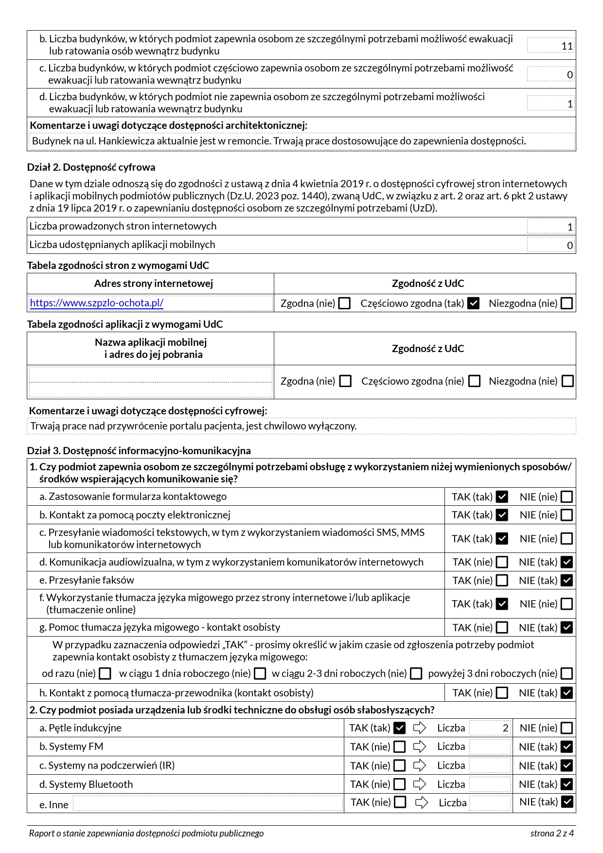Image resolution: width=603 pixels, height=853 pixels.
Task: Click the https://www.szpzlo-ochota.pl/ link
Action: point(97,303)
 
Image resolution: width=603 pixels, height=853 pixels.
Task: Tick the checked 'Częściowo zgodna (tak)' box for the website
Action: point(473,303)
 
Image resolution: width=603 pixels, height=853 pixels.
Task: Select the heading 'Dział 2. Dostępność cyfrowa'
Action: point(91,167)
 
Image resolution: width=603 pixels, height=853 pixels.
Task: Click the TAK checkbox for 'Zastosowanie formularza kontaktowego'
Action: point(502,497)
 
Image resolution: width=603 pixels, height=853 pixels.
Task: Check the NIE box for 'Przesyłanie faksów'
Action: point(567,581)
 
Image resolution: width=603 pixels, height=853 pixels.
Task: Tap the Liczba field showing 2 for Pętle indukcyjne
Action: point(491,728)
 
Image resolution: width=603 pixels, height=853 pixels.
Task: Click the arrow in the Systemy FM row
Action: point(420,747)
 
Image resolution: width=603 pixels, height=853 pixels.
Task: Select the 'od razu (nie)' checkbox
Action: point(105,674)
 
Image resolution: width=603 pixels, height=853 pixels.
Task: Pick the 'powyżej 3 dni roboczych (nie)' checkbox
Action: point(567,674)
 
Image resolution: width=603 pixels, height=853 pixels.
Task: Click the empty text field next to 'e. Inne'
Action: point(208,803)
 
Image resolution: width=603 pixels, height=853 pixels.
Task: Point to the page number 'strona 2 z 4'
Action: point(552,834)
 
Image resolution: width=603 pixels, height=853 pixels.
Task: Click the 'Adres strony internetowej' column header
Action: point(153,284)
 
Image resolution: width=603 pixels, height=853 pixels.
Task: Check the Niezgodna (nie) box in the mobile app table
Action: point(568,381)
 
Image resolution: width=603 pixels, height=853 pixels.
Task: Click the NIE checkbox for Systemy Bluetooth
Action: point(567,784)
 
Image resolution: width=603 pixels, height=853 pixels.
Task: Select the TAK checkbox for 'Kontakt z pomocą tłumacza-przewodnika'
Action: point(502,693)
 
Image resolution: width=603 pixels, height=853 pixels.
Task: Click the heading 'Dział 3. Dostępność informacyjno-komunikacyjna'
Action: point(139,451)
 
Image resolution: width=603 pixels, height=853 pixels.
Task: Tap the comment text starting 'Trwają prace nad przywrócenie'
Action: point(194,426)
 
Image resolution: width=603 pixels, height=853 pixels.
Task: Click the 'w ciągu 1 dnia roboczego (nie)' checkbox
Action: point(260,674)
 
